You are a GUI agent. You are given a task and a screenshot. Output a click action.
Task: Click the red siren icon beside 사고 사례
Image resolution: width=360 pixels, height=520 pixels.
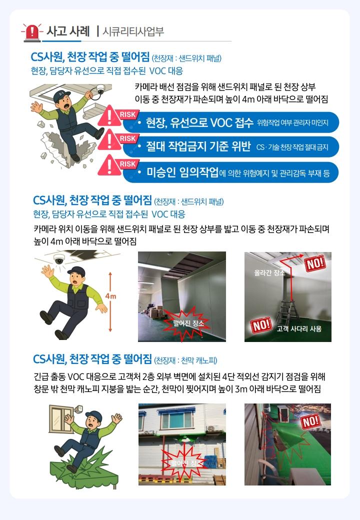(32, 32)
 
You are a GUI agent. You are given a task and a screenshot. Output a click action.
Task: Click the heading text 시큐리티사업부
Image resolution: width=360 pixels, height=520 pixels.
(133, 31)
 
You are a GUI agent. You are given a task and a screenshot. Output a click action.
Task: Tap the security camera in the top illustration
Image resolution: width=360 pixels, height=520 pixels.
(100, 89)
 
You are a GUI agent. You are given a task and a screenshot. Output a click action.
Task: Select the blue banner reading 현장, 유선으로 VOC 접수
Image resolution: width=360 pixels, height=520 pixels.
(231, 122)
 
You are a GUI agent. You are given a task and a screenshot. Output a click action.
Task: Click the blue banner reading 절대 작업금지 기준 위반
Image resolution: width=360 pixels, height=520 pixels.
(231, 146)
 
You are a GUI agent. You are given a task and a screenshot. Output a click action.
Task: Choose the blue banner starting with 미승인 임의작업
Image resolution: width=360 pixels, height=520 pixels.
(231, 172)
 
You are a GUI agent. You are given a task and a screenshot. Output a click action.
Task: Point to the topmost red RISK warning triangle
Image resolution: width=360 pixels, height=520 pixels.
(109, 116)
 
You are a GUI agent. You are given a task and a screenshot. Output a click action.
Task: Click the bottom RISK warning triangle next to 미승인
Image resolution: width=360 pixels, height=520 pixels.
(109, 165)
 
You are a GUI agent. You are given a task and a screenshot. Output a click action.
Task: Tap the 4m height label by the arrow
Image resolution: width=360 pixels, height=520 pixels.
(110, 296)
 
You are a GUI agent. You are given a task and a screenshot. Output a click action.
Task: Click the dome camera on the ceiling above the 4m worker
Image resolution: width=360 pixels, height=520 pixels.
(59, 259)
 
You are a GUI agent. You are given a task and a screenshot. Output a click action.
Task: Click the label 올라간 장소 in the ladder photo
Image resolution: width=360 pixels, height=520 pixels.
(269, 272)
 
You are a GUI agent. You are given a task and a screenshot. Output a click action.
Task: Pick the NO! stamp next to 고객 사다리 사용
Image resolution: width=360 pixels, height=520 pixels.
(261, 325)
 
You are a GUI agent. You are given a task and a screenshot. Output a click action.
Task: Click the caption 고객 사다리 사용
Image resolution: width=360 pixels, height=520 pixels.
(299, 328)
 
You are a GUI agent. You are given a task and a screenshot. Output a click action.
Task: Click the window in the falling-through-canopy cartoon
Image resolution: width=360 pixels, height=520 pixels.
(61, 419)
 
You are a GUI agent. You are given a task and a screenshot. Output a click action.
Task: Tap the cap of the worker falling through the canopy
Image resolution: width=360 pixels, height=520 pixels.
(94, 415)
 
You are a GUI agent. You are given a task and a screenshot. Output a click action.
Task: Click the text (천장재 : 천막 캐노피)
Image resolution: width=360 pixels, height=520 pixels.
(186, 360)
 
